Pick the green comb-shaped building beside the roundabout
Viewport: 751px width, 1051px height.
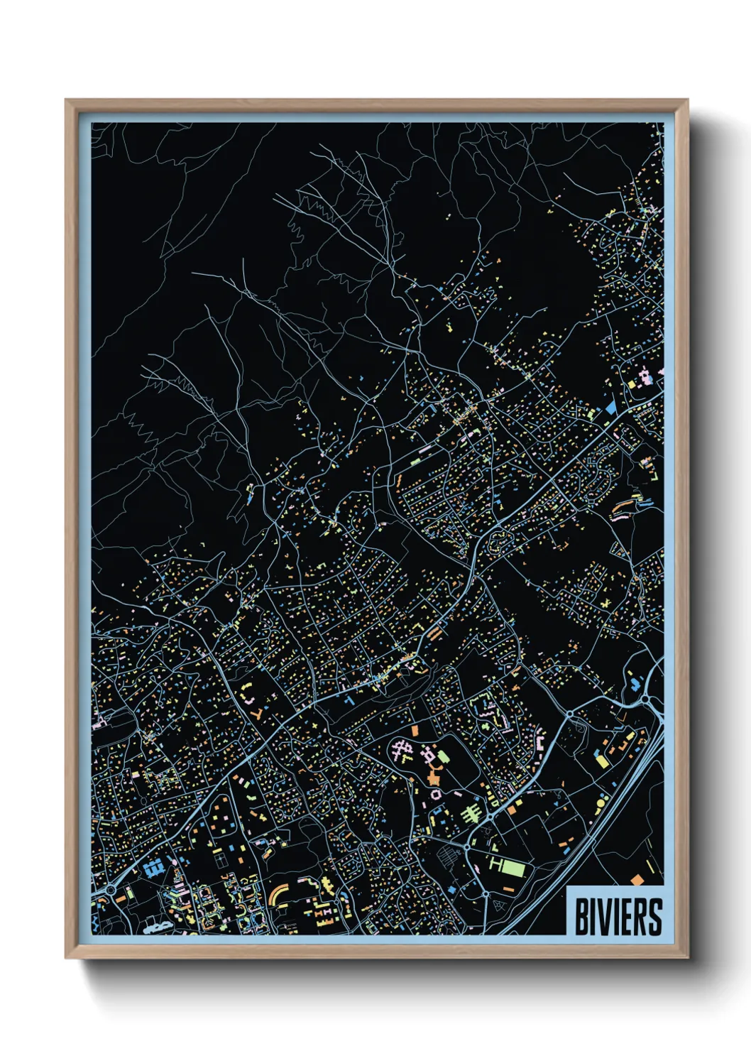pyautogui.click(x=471, y=812)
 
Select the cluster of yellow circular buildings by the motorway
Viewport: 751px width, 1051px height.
pyautogui.click(x=600, y=803)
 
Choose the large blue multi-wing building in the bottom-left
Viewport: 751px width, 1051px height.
pyautogui.click(x=152, y=868)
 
